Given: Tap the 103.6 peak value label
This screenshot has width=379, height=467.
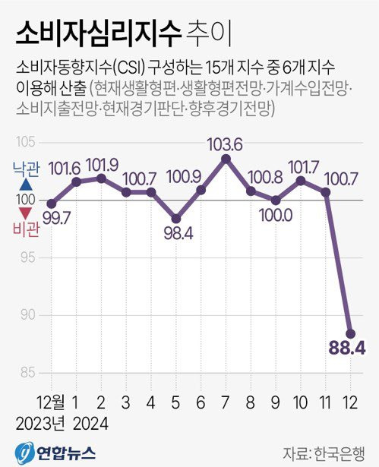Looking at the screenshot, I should (225, 144).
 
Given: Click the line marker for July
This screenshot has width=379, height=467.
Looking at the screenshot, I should (226, 159).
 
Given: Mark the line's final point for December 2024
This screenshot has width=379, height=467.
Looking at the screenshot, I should (350, 333).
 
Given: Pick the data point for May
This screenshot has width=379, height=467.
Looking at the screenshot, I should (175, 217).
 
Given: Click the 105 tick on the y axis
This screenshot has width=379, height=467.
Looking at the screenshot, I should (27, 142).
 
